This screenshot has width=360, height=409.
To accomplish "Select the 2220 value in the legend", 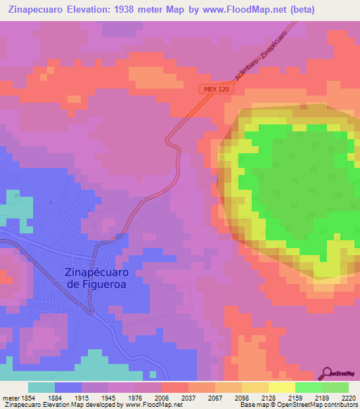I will click(348, 397).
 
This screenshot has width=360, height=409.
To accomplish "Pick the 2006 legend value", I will click(161, 397).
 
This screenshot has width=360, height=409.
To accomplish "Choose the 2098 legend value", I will click(241, 397).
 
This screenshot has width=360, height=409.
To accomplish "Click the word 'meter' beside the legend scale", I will click(9, 397).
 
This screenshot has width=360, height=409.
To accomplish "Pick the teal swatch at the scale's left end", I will click(41, 387).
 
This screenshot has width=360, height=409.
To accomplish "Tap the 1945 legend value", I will click(108, 397).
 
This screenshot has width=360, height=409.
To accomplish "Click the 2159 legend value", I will click(295, 397).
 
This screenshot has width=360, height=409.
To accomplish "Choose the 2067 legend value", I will click(214, 397).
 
